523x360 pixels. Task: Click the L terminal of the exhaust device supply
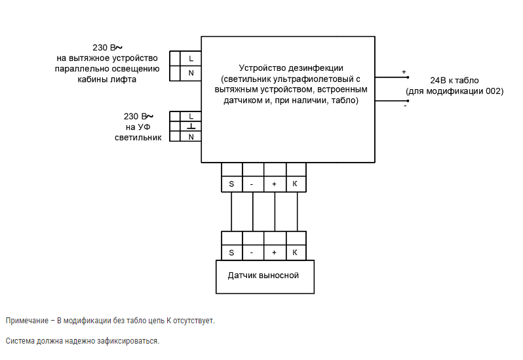pos(191,59)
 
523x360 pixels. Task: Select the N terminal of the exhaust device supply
pos(191,73)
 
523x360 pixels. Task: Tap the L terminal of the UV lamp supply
pos(191,117)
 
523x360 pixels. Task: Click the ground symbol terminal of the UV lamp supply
pos(191,126)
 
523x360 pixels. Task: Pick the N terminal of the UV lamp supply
pos(191,136)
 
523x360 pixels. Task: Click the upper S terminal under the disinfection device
pos(232,184)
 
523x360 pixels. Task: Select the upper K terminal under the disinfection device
pos(296,184)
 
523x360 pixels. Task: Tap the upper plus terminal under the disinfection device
pos(275,184)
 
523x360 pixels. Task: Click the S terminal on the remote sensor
pos(232,252)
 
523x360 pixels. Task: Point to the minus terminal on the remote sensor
pos(253,252)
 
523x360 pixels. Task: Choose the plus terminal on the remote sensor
pos(275,252)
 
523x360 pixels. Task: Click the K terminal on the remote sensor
pos(296,252)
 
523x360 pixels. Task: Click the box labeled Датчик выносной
pos(265,277)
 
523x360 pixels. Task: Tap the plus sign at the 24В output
pos(404,72)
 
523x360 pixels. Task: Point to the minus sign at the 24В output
pos(405,106)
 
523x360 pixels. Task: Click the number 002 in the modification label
pos(493,91)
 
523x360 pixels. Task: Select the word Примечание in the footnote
pos(27,321)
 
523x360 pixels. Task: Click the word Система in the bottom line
pos(20,341)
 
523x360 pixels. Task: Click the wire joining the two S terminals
pos(231,212)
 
